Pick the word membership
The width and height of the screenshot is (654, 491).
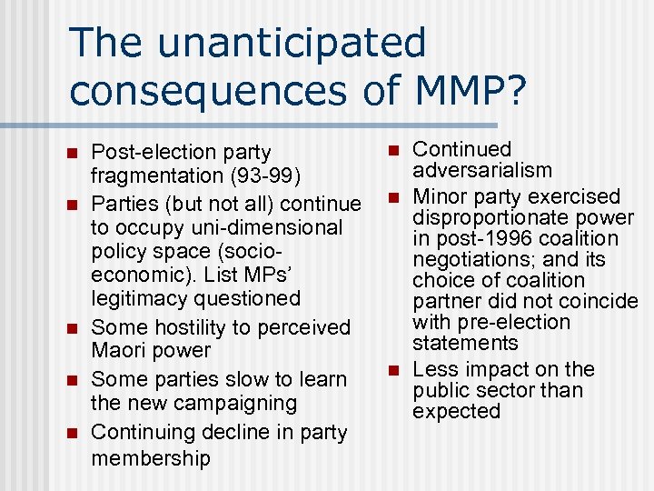point(151,457)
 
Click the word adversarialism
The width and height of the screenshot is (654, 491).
point(481,170)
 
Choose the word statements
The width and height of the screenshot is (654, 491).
point(465,343)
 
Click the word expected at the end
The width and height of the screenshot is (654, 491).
point(456,411)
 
